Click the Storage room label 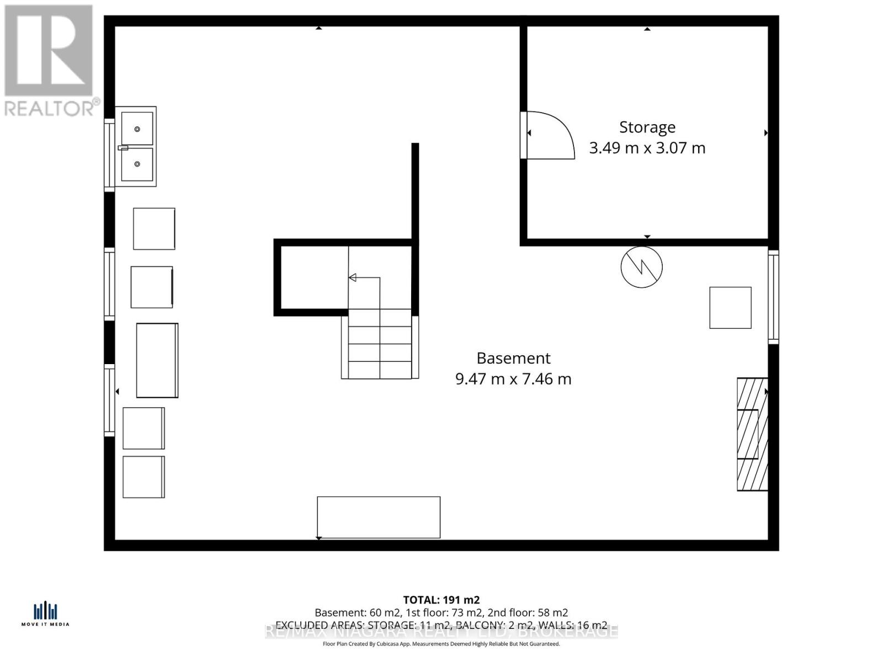tap(647, 127)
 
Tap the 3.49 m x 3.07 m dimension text tap(647, 148)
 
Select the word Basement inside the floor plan tap(513, 359)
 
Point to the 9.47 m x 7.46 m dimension tap(513, 380)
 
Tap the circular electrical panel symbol tap(641, 267)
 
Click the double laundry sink tap(137, 147)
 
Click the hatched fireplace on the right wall tap(752, 434)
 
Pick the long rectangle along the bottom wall tap(379, 517)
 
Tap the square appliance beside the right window tap(730, 308)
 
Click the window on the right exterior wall tap(773, 297)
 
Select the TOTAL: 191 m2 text tap(441, 600)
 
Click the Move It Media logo tap(45, 613)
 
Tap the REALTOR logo tap(50, 61)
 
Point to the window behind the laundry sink tap(109, 155)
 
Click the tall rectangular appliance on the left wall tap(157, 360)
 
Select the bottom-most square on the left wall tap(143, 477)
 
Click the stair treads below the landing tap(380, 344)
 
